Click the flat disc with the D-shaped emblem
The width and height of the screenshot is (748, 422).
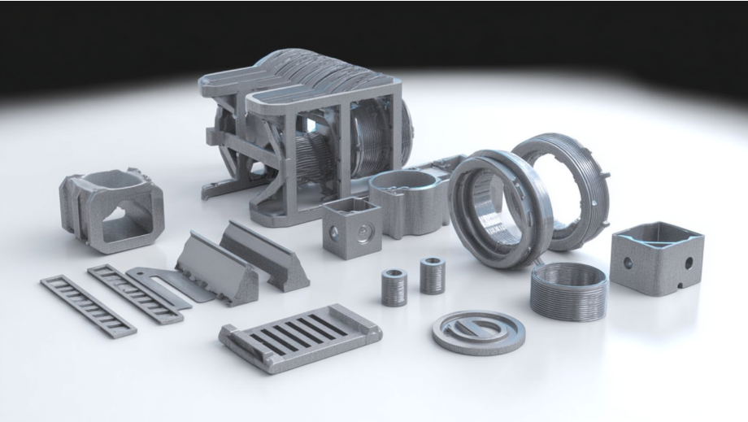[x=477, y=330]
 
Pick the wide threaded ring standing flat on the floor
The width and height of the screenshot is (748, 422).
[x=568, y=290]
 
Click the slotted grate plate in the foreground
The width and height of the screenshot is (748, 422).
[x=300, y=337]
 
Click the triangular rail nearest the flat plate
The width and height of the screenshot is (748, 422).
[x=213, y=267]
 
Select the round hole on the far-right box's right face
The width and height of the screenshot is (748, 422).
[x=688, y=264]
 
